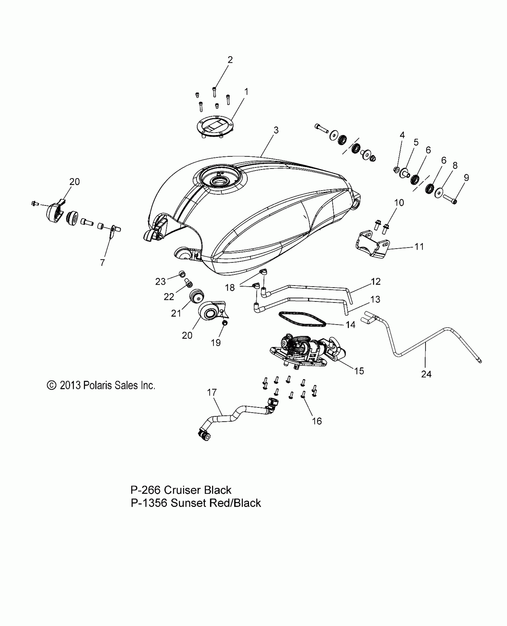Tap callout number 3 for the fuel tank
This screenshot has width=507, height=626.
pyautogui.click(x=276, y=130)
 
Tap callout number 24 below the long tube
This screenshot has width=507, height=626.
pyautogui.click(x=426, y=374)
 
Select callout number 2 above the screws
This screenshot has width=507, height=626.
pyautogui.click(x=230, y=60)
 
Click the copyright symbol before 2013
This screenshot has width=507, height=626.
pyautogui.click(x=52, y=385)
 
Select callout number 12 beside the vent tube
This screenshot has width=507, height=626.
pyautogui.click(x=376, y=281)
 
